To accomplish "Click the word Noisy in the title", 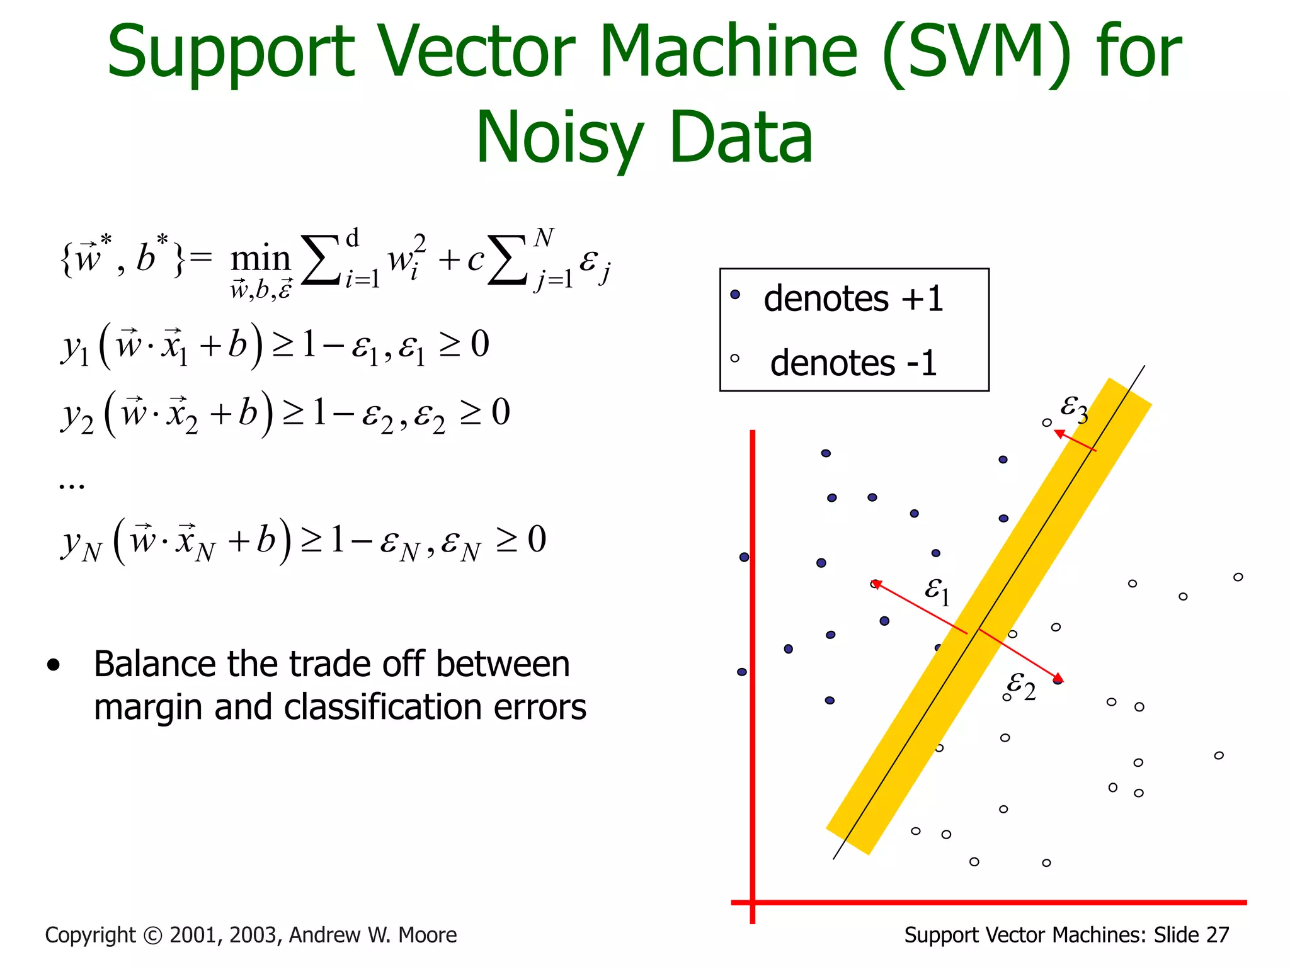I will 559,138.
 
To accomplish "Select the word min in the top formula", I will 260,259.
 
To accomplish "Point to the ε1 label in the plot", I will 937,590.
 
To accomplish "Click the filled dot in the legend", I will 734,294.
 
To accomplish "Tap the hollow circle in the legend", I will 734,358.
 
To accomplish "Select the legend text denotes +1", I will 853,298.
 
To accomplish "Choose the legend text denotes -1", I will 853,363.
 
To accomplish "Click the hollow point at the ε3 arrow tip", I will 1046,422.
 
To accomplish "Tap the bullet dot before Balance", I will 54,665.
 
